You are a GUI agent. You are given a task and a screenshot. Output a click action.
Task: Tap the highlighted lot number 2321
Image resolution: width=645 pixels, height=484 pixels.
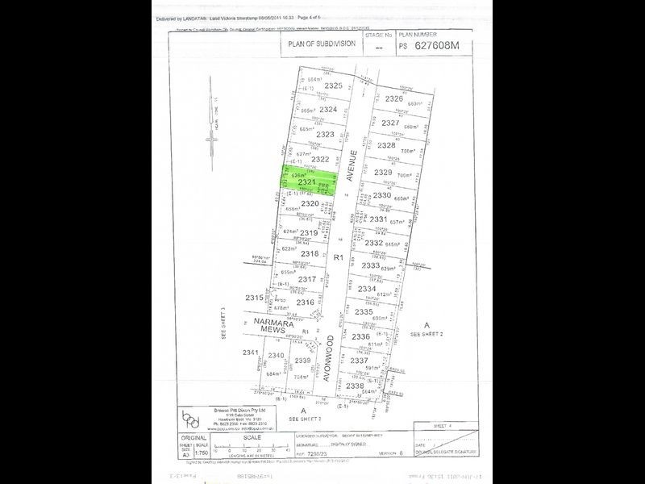[306, 183]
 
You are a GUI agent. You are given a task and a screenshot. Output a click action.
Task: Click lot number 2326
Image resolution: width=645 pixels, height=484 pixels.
[393, 98]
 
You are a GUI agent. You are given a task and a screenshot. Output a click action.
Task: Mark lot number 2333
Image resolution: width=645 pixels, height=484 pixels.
[371, 265]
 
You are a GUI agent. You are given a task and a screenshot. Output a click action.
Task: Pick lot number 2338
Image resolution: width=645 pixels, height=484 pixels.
[355, 386]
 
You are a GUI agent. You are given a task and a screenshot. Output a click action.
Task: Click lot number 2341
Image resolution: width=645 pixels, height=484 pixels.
[251, 352]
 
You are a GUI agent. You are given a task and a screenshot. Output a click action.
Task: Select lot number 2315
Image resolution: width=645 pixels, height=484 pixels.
[254, 298]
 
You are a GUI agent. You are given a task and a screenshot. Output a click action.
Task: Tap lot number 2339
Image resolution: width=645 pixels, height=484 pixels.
[302, 360]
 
